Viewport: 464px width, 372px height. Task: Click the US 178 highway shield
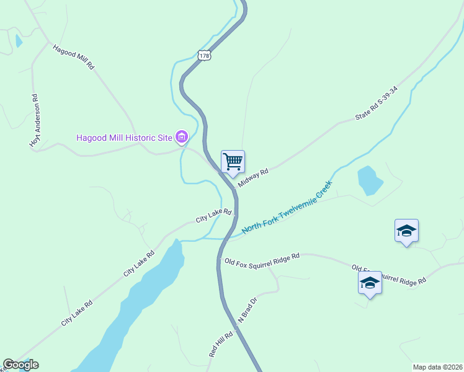(x=205, y=55)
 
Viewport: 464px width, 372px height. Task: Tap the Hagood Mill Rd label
(x=73, y=56)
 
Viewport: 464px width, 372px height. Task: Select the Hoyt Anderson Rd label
(x=35, y=121)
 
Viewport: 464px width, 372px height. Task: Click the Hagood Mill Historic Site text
(x=123, y=137)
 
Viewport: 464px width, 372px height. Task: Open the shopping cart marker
(x=233, y=162)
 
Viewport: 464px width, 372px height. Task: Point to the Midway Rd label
(x=253, y=176)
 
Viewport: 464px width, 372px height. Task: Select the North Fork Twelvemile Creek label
(x=287, y=208)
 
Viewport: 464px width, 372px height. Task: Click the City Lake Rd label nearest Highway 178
(x=213, y=216)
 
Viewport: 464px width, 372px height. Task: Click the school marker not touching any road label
(x=406, y=231)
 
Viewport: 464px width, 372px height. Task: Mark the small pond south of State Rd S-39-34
(x=370, y=180)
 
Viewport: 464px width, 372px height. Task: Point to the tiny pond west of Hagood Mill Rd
(x=18, y=41)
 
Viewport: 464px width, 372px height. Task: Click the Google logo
(x=20, y=365)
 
